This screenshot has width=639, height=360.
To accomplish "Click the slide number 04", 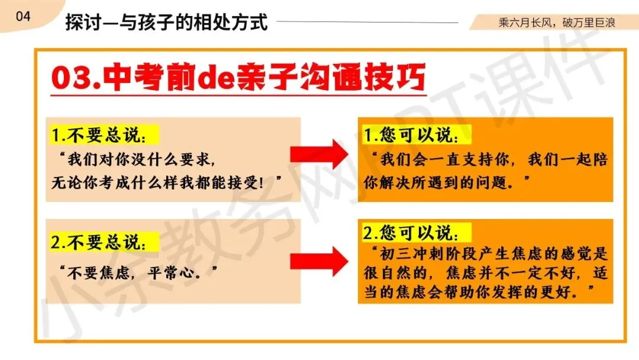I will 23,17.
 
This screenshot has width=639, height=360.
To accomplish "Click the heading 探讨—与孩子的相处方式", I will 166,22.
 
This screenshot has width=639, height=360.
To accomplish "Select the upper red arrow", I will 319,156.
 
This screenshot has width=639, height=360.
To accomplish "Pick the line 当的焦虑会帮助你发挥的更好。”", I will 479,293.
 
